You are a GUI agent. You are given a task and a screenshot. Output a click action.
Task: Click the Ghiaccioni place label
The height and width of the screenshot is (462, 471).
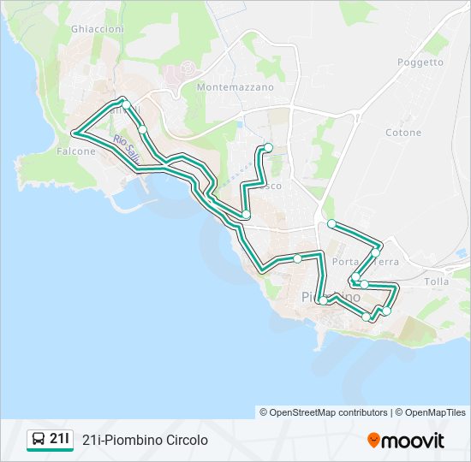click(98, 29)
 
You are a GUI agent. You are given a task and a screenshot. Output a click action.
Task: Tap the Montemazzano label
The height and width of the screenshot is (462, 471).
click(235, 87)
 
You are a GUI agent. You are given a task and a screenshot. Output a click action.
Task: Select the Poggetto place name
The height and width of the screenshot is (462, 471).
click(420, 62)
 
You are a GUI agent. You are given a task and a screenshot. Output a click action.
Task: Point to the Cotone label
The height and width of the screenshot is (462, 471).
click(403, 133)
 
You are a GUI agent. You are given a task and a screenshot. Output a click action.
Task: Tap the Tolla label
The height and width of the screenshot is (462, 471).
click(436, 281)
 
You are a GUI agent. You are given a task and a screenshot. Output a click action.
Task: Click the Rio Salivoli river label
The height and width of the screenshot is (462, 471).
click(127, 151)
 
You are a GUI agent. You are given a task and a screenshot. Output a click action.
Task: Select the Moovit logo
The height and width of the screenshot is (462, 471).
click(406, 441)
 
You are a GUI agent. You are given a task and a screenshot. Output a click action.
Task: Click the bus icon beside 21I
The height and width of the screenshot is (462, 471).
click(39, 440)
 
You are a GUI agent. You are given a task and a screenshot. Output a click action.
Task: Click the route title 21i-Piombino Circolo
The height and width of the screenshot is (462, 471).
click(146, 441)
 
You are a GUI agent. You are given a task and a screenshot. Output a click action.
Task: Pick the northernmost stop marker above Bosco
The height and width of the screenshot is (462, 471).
click(268, 147)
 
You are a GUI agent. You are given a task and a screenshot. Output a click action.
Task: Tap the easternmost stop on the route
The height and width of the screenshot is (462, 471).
click(386, 311)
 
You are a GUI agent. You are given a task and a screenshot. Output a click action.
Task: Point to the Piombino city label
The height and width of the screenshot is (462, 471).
click(331, 296)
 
